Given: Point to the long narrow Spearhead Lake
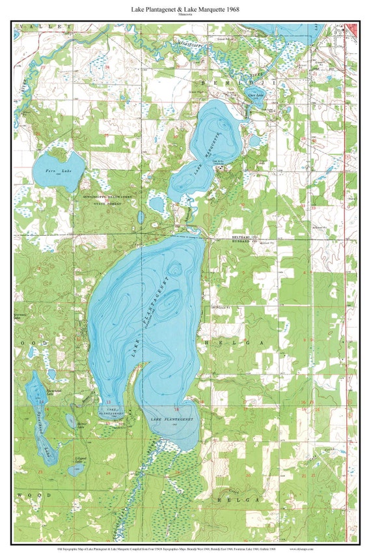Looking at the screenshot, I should point(39,417).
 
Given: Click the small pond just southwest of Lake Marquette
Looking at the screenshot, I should point(156,205).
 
